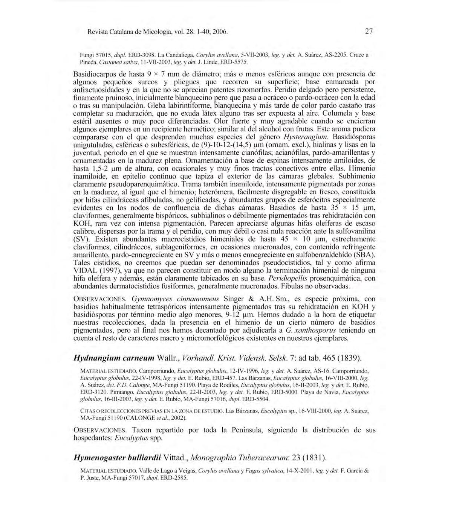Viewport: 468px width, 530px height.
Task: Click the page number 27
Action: tap(369, 32)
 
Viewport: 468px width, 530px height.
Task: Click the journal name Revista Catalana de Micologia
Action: tap(132, 32)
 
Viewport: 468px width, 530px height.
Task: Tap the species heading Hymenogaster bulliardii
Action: tap(118, 458)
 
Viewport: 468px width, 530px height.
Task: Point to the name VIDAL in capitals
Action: tap(86, 270)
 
